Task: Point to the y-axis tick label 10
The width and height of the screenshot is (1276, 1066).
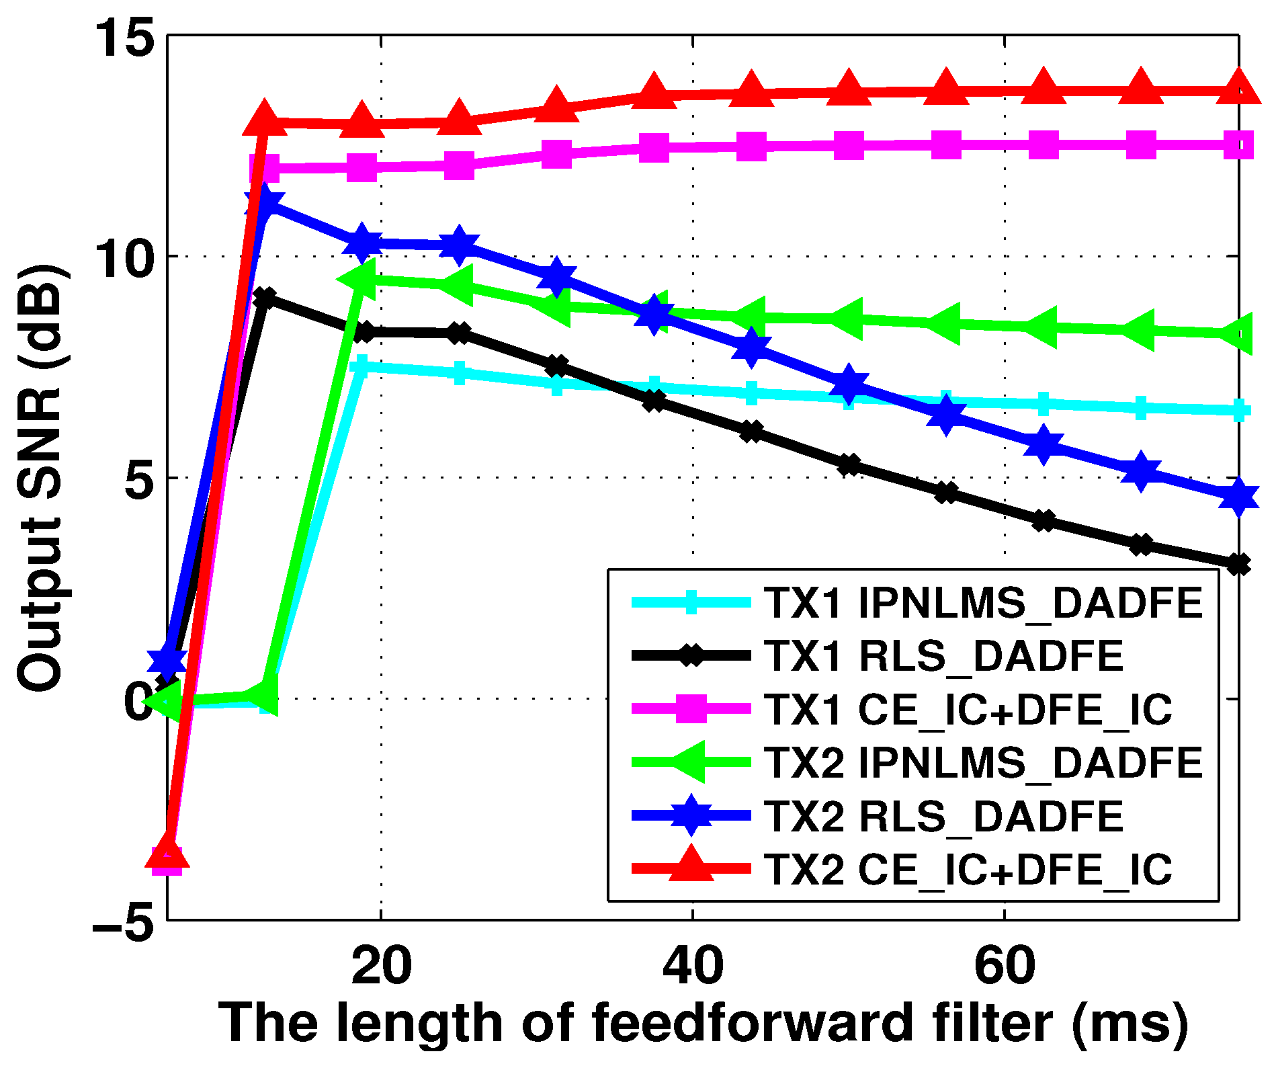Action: pos(123,257)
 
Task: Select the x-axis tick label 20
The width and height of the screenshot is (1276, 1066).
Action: pos(381,966)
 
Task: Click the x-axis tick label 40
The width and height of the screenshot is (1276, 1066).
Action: pos(692,966)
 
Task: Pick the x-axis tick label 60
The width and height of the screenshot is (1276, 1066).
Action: pos(1004,966)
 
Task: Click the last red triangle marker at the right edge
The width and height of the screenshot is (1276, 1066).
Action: pos(1238,89)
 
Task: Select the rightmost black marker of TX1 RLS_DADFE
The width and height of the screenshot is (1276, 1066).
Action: pos(1238,565)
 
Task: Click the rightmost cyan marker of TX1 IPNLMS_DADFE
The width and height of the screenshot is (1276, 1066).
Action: pos(1238,411)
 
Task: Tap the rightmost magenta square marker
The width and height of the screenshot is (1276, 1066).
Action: pos(1238,145)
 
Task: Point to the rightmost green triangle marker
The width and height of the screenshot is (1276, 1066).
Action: pos(1238,333)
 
